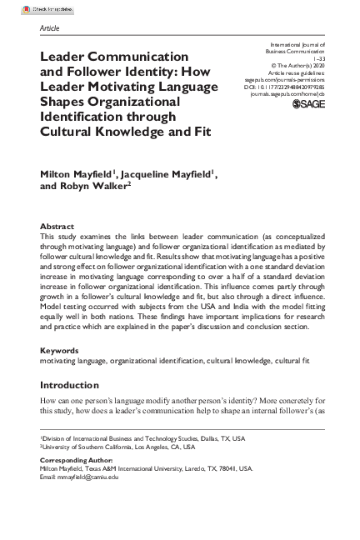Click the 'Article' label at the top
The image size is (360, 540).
50,27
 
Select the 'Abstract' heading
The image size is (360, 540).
57,226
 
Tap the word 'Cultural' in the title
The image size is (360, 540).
71,131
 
